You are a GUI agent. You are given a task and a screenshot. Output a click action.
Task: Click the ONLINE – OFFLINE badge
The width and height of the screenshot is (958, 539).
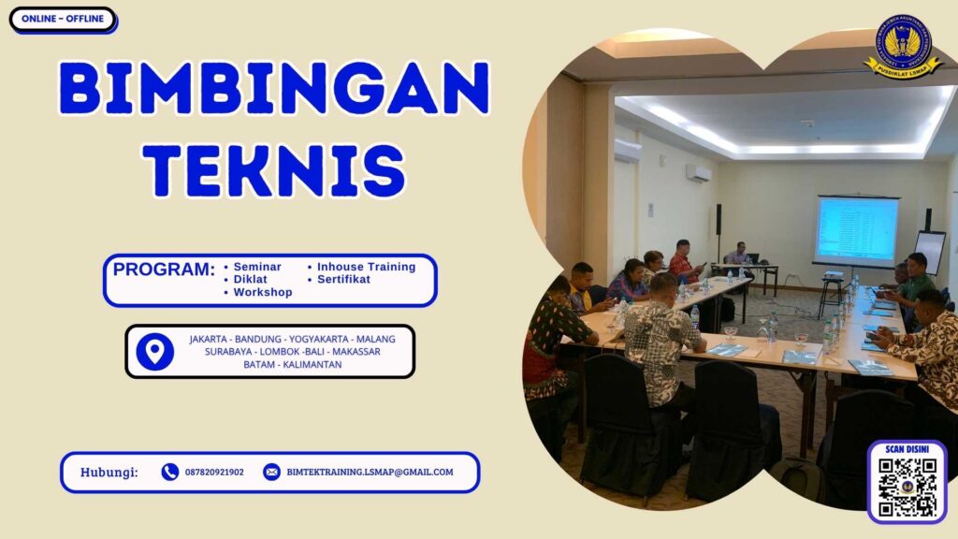pos(62,20)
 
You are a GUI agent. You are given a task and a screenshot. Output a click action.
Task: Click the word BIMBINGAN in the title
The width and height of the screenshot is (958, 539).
pos(273,90)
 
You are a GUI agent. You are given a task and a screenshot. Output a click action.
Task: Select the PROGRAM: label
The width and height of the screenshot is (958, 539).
pos(164,269)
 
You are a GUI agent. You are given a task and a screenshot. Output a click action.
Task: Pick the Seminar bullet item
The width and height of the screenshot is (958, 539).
pos(256,267)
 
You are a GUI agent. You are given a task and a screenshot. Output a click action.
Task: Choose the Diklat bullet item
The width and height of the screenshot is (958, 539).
pos(250,279)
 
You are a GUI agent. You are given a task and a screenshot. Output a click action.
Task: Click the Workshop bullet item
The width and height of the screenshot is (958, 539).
pos(262,292)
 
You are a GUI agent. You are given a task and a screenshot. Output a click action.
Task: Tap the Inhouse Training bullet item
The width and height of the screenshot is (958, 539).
pos(365,267)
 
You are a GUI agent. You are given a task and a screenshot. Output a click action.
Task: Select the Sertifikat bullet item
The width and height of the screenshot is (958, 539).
pos(342,279)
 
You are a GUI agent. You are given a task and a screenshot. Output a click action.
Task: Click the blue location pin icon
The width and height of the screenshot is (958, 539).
pos(154,351)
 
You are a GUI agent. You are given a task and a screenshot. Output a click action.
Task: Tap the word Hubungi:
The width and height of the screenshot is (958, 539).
pos(109,472)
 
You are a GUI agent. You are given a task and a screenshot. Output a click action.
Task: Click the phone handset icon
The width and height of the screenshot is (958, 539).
pos(169,472)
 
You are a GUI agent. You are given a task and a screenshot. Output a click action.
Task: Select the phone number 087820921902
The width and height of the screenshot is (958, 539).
pos(214,473)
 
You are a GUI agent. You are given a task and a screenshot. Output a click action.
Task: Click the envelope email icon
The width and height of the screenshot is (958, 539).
pos(271,472)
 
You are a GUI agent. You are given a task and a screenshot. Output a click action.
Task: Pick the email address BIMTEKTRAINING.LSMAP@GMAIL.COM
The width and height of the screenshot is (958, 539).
pos(370,473)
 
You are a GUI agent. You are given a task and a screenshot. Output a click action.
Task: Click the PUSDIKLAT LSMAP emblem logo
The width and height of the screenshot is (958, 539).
pos(903,47)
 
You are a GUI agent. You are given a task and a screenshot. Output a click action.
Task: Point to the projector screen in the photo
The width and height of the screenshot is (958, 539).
pos(857,230)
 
